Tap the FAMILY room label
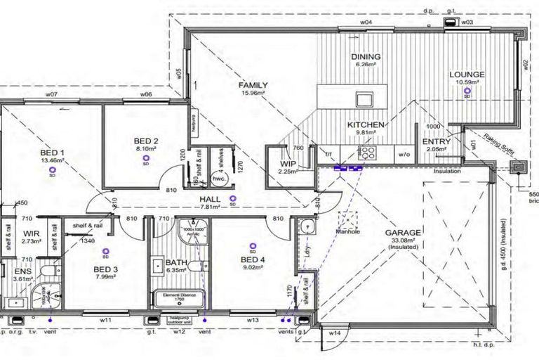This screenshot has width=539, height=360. [253, 85]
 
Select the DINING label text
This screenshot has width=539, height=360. [366, 57]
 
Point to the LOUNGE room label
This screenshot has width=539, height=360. [467, 73]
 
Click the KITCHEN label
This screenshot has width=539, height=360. [366, 124]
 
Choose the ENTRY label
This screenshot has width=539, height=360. [437, 141]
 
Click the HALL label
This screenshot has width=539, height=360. [211, 199]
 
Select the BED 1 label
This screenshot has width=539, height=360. [52, 153]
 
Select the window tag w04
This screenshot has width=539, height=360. [366, 22]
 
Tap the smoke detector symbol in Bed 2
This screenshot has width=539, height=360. [146, 160]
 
